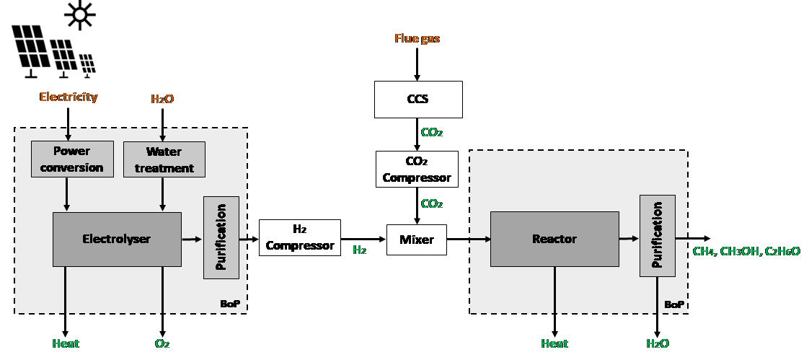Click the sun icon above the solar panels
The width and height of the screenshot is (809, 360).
click(79, 14)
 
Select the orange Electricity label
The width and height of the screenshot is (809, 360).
click(68, 97)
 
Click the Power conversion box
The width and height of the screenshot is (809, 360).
click(72, 159)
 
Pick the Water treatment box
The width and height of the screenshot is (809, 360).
click(164, 159)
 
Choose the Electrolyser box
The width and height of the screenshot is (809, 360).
click(117, 239)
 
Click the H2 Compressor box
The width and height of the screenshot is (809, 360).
click(300, 238)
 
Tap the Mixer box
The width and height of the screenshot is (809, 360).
click(417, 240)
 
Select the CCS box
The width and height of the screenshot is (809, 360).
click(418, 100)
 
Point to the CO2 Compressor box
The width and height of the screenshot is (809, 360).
click(417, 170)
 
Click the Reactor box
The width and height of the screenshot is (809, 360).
click(554, 239)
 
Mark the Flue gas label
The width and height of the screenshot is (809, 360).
click(417, 39)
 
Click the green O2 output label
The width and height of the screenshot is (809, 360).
click(162, 344)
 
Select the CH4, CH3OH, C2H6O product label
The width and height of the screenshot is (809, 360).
click(746, 251)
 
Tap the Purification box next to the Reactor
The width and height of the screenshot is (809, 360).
click(658, 236)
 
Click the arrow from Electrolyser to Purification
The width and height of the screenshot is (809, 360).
click(193, 239)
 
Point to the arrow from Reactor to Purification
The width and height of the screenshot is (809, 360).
click(629, 239)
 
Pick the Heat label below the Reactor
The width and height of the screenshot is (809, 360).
click(554, 344)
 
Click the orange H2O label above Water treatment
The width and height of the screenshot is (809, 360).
click(162, 100)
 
